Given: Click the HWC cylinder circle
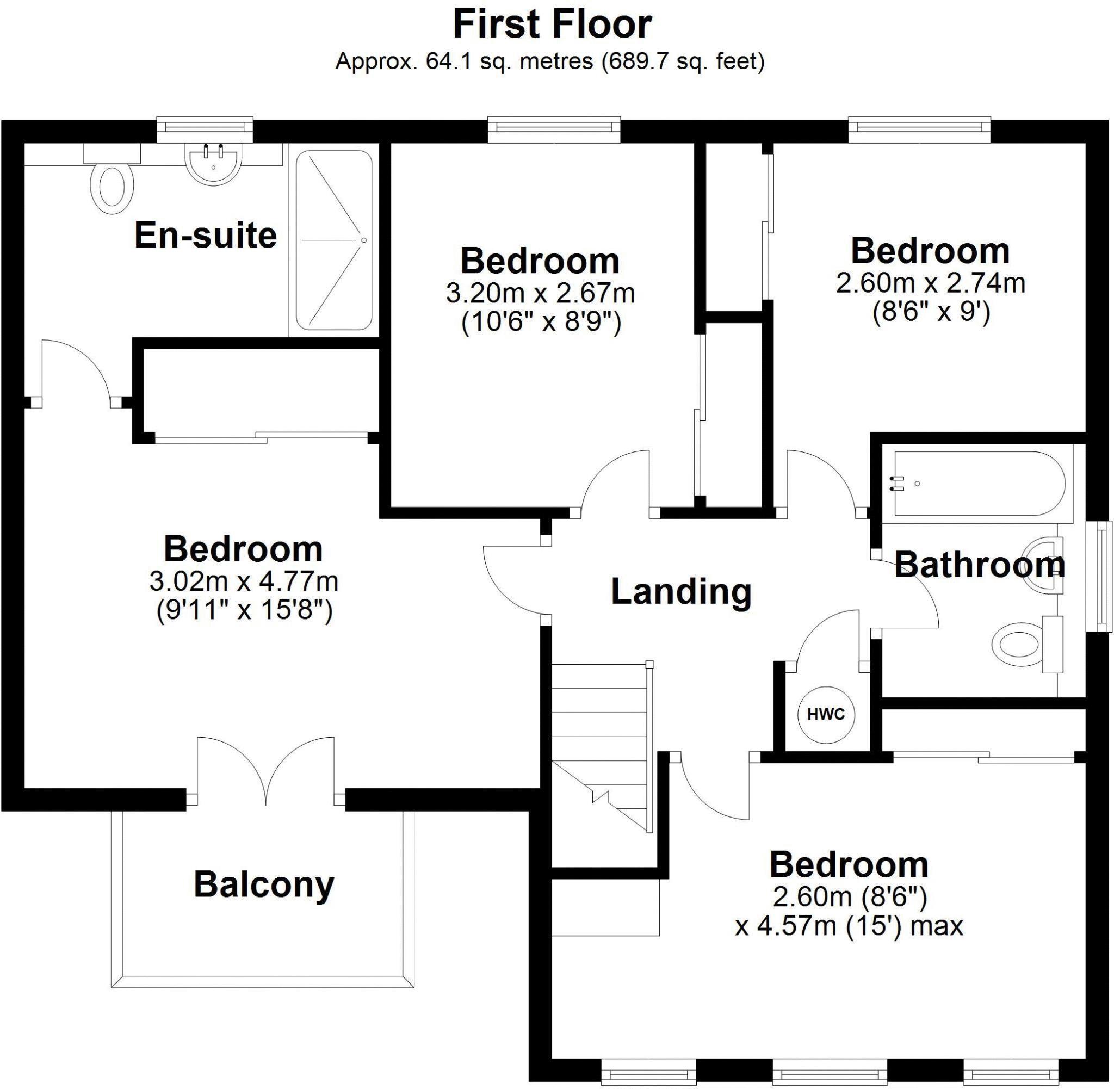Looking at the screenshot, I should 826,714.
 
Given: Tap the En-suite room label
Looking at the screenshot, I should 205,235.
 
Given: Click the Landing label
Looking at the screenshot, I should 681,591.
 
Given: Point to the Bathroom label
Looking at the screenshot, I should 979,565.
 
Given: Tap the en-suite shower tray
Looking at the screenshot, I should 334,240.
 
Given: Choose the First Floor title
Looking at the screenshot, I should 552,25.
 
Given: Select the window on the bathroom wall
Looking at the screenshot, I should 1103,576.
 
